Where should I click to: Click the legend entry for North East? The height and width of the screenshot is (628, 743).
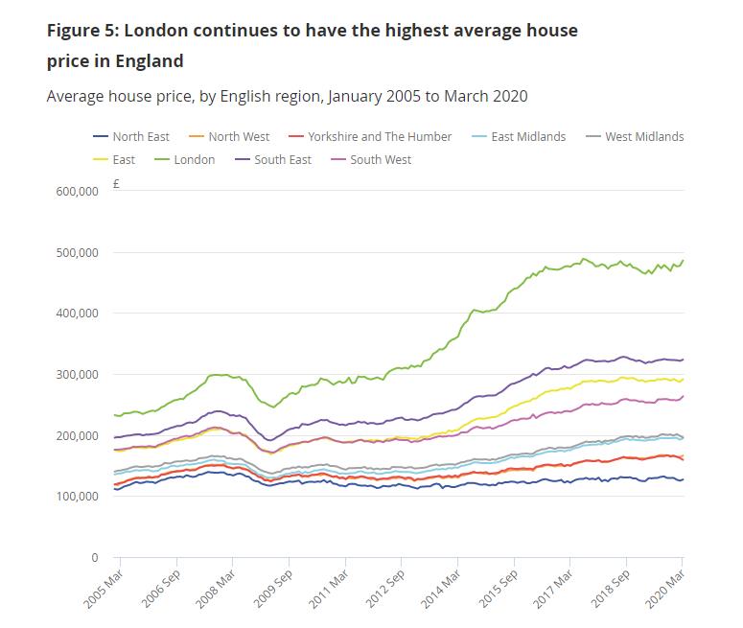(x=140, y=137)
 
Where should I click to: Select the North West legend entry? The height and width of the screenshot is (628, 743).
(x=238, y=137)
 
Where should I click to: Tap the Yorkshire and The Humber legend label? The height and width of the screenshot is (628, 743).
(x=379, y=137)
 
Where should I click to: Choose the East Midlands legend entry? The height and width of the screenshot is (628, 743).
(x=527, y=137)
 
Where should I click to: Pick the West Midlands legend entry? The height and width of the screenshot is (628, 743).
(x=643, y=137)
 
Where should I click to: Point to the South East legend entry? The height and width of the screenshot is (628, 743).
(x=282, y=160)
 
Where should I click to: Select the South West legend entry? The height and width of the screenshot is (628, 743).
(x=380, y=160)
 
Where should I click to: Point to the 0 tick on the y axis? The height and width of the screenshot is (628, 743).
(x=94, y=558)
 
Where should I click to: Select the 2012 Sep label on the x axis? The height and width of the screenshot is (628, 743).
(x=388, y=591)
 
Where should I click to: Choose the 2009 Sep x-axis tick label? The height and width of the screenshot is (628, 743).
(x=274, y=591)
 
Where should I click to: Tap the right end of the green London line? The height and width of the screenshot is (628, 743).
(x=683, y=261)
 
